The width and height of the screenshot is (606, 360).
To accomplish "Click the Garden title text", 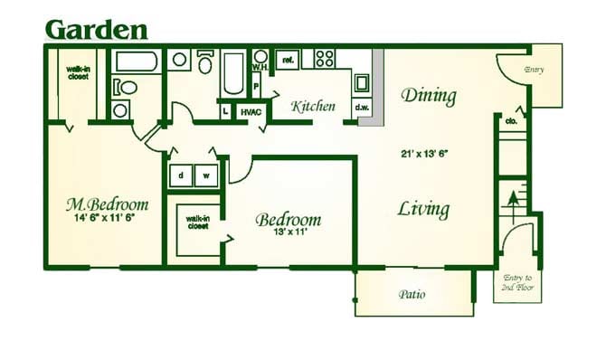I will point(96,29).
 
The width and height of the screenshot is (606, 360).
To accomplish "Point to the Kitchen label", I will point(313,107).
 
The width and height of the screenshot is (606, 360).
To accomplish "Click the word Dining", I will point(428,95).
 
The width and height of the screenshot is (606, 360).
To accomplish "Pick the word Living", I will point(423,210).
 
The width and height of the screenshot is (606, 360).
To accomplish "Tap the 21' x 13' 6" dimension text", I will point(424,154).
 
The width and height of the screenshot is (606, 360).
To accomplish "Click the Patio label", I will point(412,295).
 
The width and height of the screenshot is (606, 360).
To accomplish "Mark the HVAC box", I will point(251,111).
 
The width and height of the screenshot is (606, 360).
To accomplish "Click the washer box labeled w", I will point(206,175).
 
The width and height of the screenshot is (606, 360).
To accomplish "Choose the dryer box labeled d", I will point(181,175).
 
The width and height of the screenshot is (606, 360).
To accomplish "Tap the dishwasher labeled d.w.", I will point(362,108).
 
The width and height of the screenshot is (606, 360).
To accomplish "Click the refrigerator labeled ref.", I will point(288,60).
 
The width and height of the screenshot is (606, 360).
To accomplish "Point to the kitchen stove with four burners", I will point(324,59).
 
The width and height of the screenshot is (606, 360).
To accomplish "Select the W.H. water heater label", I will point(258,67).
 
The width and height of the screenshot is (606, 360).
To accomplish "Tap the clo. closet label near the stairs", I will point(512,120).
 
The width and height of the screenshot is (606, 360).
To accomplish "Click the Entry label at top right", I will point(534,70).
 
